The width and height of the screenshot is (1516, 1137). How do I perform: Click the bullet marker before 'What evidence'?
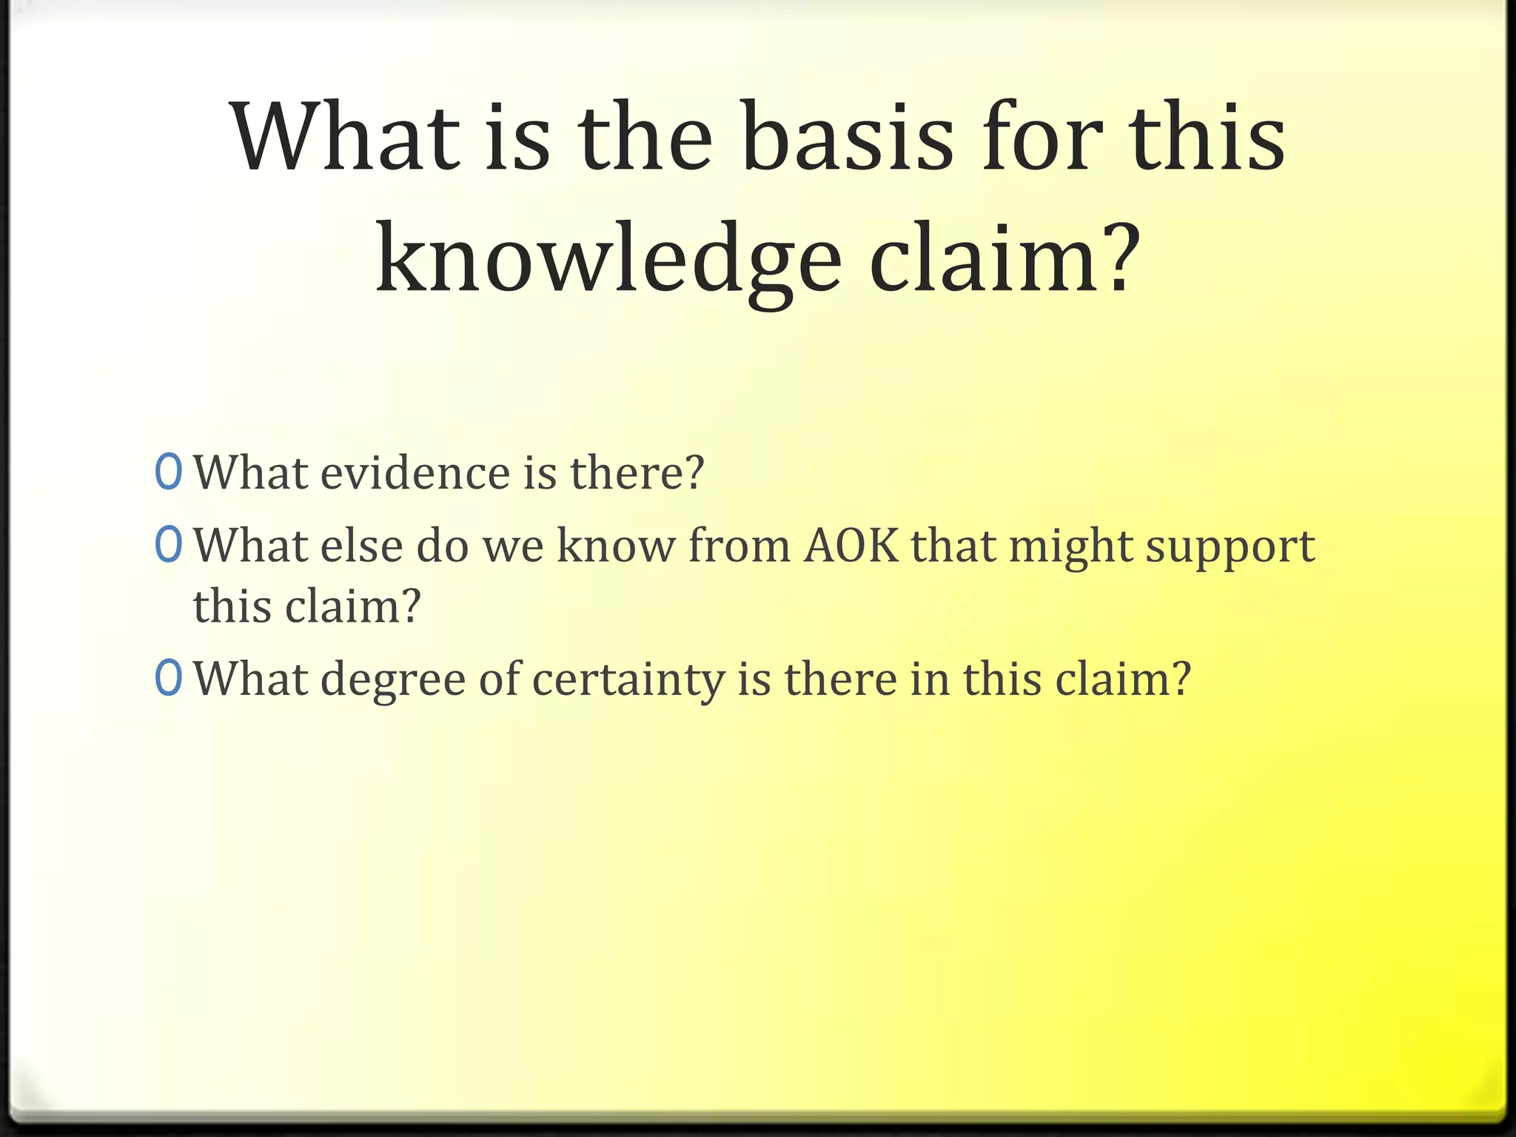169,473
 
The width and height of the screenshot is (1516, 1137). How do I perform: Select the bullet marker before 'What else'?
169,546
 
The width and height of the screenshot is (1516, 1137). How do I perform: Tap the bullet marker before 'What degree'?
169,679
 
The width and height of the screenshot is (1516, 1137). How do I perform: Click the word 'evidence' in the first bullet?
415,473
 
